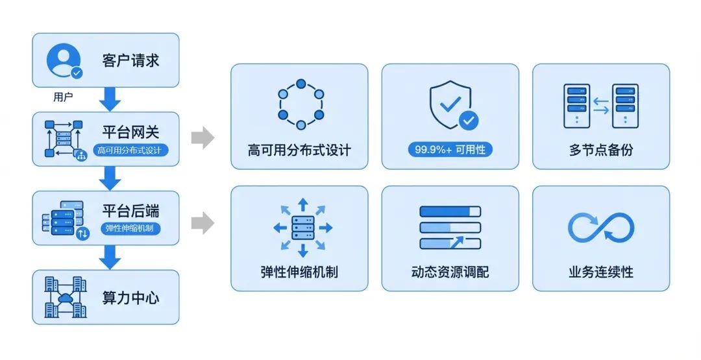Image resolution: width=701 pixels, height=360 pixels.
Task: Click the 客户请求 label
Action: (x=130, y=61)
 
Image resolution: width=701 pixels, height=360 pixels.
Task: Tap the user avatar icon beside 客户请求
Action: (x=64, y=61)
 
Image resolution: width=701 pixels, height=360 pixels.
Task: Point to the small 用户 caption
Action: (x=63, y=97)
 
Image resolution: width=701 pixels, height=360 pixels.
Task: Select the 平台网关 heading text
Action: (x=130, y=132)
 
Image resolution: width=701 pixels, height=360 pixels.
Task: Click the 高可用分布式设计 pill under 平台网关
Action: (x=130, y=150)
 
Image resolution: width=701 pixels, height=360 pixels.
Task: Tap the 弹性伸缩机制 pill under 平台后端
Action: (x=130, y=228)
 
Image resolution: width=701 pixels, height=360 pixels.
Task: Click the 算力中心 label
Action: (x=130, y=298)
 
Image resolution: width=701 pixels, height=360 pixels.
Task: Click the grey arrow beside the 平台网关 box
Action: (x=203, y=138)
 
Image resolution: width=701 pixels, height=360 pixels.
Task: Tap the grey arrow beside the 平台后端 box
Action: (x=203, y=223)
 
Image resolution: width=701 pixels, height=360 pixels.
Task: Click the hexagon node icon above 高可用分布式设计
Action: (x=301, y=104)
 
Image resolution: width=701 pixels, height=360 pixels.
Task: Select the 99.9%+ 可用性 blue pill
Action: (x=450, y=150)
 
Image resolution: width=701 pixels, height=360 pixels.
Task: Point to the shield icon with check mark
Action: (x=452, y=104)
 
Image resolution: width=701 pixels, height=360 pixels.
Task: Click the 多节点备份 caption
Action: (x=600, y=150)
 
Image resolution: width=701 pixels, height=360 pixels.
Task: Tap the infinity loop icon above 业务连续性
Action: (x=600, y=228)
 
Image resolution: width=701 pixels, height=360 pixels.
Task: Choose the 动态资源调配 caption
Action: (x=450, y=272)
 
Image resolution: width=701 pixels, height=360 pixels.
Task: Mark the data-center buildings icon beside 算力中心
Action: (x=66, y=297)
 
